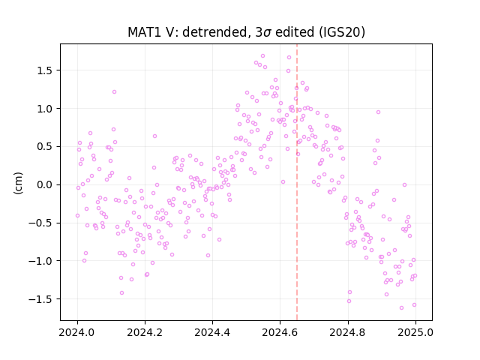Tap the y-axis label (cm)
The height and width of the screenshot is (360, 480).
point(18,183)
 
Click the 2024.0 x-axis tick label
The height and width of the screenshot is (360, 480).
point(77,332)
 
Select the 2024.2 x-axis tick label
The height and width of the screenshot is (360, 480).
point(145,332)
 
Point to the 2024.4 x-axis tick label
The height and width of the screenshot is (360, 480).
point(212,332)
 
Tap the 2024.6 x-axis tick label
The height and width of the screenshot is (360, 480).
point(280,332)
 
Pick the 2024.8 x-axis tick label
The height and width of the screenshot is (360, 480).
point(348,332)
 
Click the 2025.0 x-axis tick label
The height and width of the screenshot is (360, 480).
point(415,332)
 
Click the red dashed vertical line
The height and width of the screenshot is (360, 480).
point(297,182)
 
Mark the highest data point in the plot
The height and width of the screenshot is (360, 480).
point(262,56)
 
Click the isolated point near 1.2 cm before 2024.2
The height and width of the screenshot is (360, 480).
point(114,91)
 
